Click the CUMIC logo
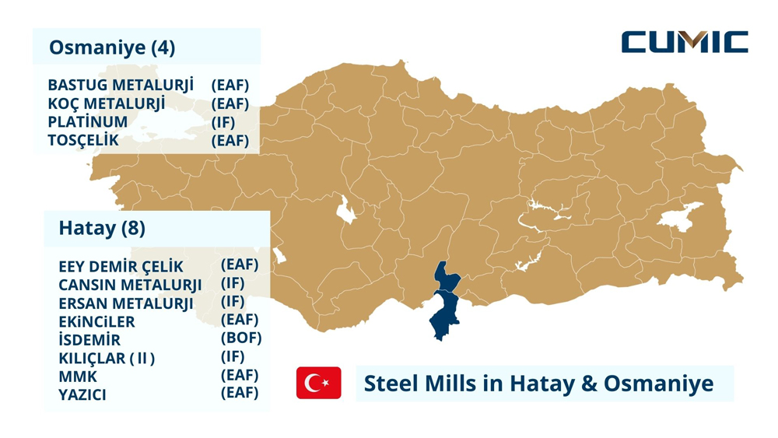point(685,42)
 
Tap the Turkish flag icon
point(318,383)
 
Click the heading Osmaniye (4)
point(112,47)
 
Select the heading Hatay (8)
point(102,229)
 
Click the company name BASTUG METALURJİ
point(121,85)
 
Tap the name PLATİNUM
point(87,122)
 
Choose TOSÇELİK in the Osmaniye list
point(83,141)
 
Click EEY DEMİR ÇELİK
point(121,267)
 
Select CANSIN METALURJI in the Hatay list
point(130,285)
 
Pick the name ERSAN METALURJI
point(126,303)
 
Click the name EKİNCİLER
point(96,321)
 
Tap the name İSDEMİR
point(89,340)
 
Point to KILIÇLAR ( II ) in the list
point(107,359)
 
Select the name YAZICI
point(82,394)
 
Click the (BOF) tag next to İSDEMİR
point(241,338)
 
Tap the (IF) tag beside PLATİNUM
point(223,122)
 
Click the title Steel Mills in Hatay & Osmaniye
point(538,384)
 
